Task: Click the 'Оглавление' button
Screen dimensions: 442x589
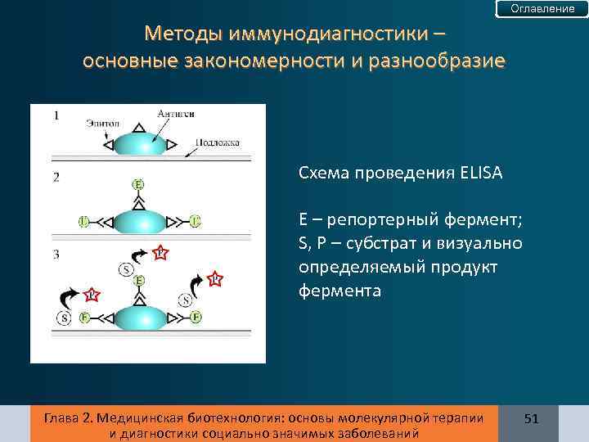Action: (542, 8)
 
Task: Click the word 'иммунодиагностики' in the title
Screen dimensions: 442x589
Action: (317, 34)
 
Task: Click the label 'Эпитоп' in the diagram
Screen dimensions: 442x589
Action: (101, 123)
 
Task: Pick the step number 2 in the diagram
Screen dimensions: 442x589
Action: (56, 177)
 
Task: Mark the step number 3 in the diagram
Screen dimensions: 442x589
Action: (56, 255)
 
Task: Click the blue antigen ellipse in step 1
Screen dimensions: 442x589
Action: (139, 144)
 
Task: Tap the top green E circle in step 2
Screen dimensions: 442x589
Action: (139, 183)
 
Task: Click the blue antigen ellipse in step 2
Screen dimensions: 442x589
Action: (139, 221)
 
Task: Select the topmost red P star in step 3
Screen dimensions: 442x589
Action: (160, 253)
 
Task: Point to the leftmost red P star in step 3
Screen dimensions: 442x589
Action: (92, 294)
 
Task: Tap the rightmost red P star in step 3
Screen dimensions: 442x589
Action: (214, 280)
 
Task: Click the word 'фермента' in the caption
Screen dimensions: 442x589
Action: (339, 291)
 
